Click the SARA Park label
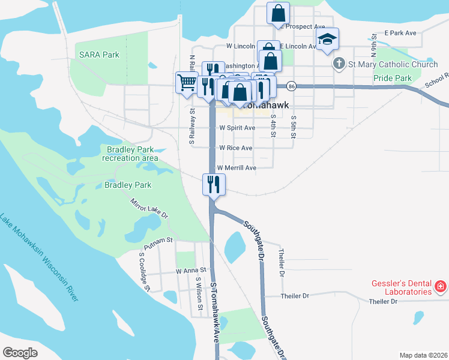pyautogui.click(x=99, y=55)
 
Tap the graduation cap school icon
pyautogui.click(x=327, y=40)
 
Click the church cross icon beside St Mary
pyautogui.click(x=339, y=64)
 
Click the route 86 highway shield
pyautogui.click(x=291, y=86)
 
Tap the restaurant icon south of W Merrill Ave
pyautogui.click(x=213, y=185)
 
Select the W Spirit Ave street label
pyautogui.click(x=237, y=128)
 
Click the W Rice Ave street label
pyautogui.click(x=235, y=148)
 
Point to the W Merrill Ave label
pyautogui.click(x=237, y=168)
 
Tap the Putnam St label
pyautogui.click(x=158, y=240)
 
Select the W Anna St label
pyautogui.click(x=191, y=271)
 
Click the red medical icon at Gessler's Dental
pyautogui.click(x=440, y=287)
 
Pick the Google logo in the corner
pyautogui.click(x=20, y=352)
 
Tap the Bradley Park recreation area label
pyautogui.click(x=130, y=154)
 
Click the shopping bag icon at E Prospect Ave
pyautogui.click(x=279, y=13)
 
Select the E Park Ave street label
pyautogui.click(x=400, y=32)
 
